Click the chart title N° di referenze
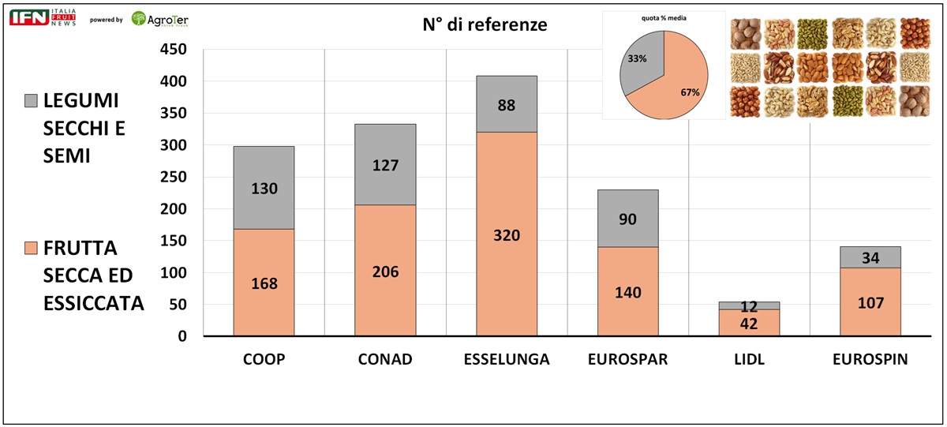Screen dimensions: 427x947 (x=484, y=24)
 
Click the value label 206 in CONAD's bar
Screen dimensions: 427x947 (x=385, y=272)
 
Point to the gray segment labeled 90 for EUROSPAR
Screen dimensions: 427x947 (x=627, y=219)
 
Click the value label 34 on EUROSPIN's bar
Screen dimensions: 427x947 (x=870, y=257)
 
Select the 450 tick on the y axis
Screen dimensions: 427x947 (x=173, y=50)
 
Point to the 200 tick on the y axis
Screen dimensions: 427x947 (x=173, y=209)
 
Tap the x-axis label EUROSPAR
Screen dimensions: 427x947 (x=627, y=360)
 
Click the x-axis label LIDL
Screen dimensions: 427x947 (x=749, y=360)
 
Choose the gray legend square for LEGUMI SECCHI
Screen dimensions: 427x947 (x=32, y=101)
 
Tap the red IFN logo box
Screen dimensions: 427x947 (x=28, y=17)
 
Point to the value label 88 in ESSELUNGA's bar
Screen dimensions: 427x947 (x=507, y=104)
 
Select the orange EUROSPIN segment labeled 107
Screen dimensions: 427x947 (x=870, y=302)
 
